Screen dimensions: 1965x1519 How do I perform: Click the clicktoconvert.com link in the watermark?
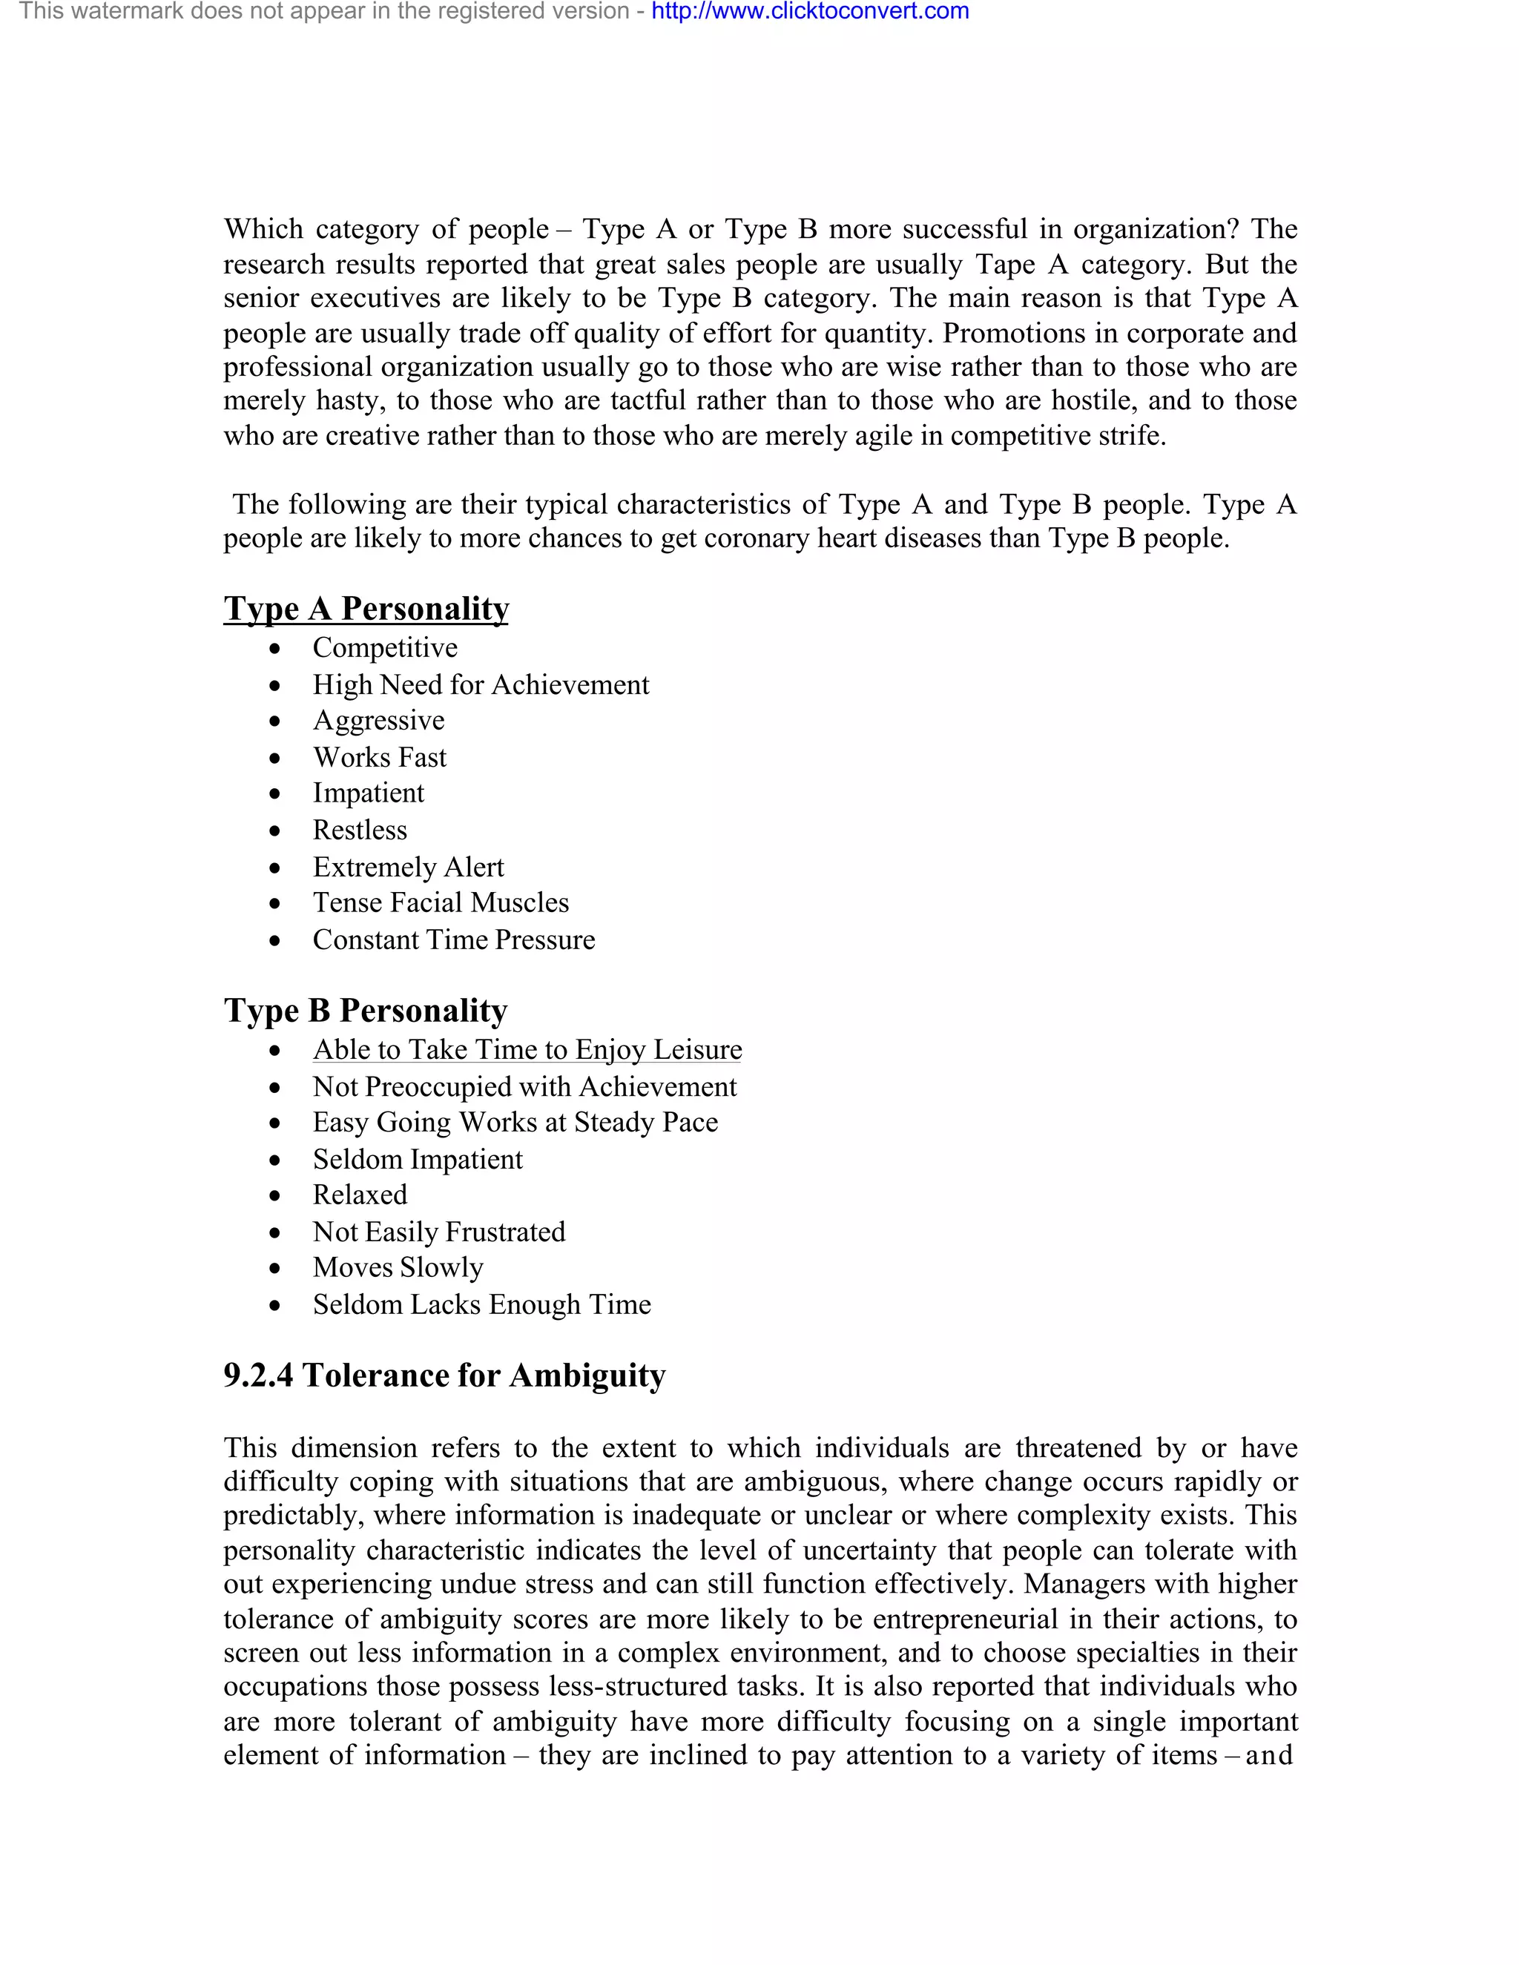coord(810,12)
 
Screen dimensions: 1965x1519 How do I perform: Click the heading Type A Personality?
coord(366,608)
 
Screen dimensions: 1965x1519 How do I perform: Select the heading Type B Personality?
coord(366,1011)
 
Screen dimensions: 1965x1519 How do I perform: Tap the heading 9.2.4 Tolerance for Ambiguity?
coord(444,1375)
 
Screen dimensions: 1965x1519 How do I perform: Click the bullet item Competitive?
coord(384,648)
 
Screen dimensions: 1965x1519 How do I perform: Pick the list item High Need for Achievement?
coord(480,684)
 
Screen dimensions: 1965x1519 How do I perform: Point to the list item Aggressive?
coord(378,721)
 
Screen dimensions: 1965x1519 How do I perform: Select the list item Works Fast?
coord(379,758)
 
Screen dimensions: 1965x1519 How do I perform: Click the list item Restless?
coord(359,830)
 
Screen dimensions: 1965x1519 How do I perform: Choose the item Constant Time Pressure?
coord(453,939)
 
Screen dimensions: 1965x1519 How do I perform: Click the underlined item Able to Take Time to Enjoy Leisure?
coord(527,1050)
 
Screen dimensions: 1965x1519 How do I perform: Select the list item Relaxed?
coord(359,1195)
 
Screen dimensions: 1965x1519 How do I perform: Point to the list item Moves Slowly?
coord(398,1268)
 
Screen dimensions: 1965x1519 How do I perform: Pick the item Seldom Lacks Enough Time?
coord(481,1304)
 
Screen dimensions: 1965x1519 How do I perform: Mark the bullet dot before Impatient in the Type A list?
coord(275,794)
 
